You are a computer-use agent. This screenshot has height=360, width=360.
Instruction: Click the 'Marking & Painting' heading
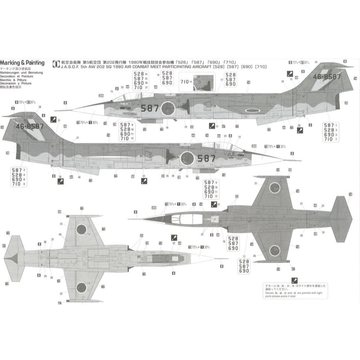(22, 63)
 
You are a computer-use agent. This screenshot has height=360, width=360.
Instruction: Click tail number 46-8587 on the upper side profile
(327, 77)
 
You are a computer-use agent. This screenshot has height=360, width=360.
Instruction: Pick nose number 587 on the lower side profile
(206, 158)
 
